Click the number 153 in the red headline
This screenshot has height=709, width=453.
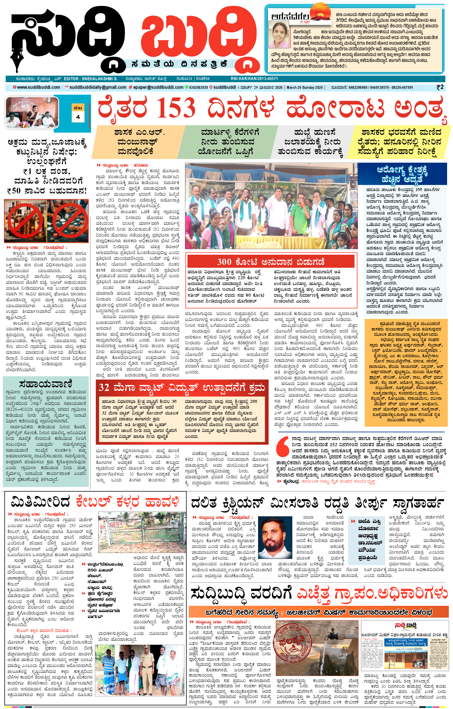pyautogui.click(x=176, y=108)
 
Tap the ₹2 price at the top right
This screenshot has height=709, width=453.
pyautogui.click(x=440, y=87)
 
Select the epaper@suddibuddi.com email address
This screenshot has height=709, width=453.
pyautogui.click(x=158, y=87)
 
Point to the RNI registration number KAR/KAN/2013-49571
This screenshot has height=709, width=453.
pyautogui.click(x=254, y=79)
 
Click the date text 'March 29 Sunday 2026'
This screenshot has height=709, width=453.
pyautogui.click(x=304, y=87)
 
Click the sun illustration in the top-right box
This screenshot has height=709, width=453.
pyautogui.click(x=320, y=15)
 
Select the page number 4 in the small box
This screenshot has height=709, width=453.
pyautogui.click(x=78, y=117)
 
